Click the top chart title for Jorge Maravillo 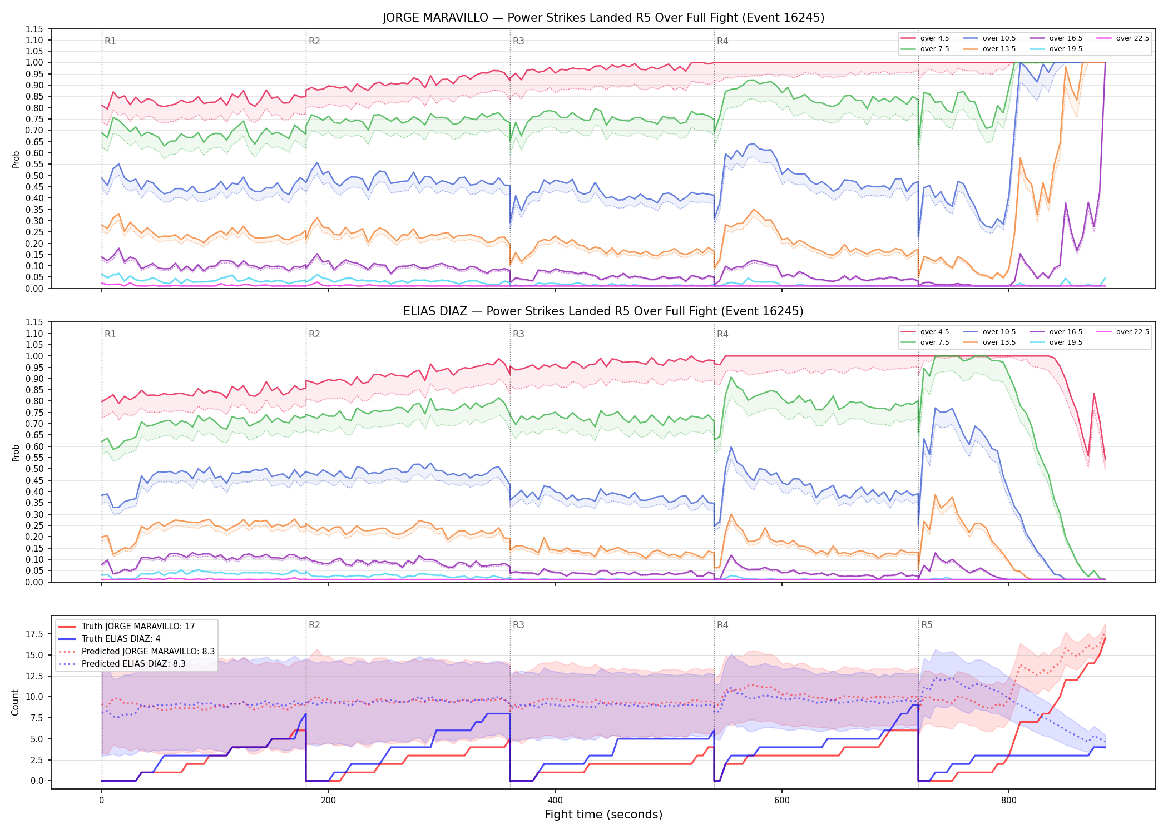603,18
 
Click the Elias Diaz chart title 603,311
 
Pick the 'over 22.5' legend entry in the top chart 1122,38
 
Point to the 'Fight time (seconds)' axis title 603,815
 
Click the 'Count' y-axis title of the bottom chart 15,702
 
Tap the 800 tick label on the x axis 1008,801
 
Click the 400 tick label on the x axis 555,801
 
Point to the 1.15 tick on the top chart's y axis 34,29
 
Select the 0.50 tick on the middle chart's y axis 34,469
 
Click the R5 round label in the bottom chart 927,625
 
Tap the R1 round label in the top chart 110,41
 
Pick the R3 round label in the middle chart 518,334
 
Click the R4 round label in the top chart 722,41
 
